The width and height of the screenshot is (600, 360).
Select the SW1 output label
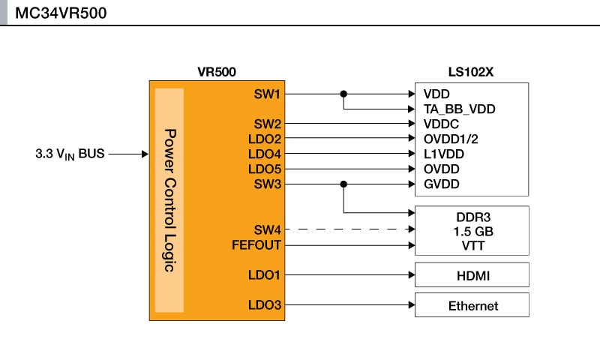point(267,94)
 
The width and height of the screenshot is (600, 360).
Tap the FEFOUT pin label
point(256,244)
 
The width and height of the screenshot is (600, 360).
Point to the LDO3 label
point(264,304)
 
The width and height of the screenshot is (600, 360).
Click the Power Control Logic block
point(169,200)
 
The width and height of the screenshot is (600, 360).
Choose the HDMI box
point(472,276)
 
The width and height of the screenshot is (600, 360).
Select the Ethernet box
point(472,305)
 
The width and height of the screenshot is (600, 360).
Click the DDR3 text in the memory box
point(472,215)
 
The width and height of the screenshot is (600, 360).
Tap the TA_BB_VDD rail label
point(460,109)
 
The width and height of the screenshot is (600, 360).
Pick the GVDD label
point(442,184)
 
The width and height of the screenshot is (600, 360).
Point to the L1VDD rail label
point(444,154)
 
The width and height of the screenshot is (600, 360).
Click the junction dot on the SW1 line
point(343,94)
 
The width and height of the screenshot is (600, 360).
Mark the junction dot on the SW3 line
point(343,184)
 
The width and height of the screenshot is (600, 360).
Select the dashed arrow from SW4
point(349,229)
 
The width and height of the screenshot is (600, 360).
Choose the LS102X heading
point(470,73)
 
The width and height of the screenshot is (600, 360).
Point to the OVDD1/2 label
point(451,139)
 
